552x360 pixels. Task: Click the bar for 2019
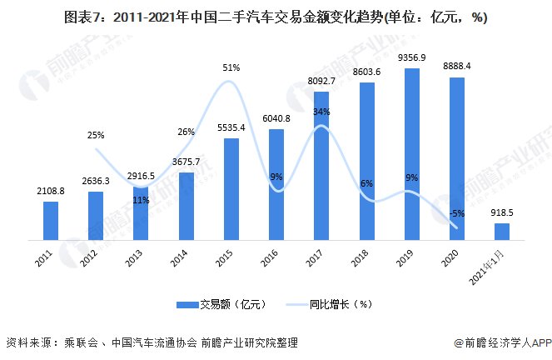click(x=411, y=154)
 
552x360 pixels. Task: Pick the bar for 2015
click(x=231, y=189)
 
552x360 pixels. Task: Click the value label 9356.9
click(x=411, y=57)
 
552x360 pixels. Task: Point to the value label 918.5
click(x=501, y=212)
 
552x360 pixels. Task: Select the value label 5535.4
click(x=231, y=127)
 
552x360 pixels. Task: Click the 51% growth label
click(x=231, y=68)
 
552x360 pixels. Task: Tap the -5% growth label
click(x=457, y=213)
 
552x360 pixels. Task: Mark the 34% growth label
click(x=322, y=112)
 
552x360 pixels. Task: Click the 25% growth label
click(x=96, y=135)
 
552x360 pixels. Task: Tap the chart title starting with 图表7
click(x=276, y=17)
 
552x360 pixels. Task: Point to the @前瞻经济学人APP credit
click(x=498, y=342)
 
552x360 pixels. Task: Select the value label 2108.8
click(x=52, y=191)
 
